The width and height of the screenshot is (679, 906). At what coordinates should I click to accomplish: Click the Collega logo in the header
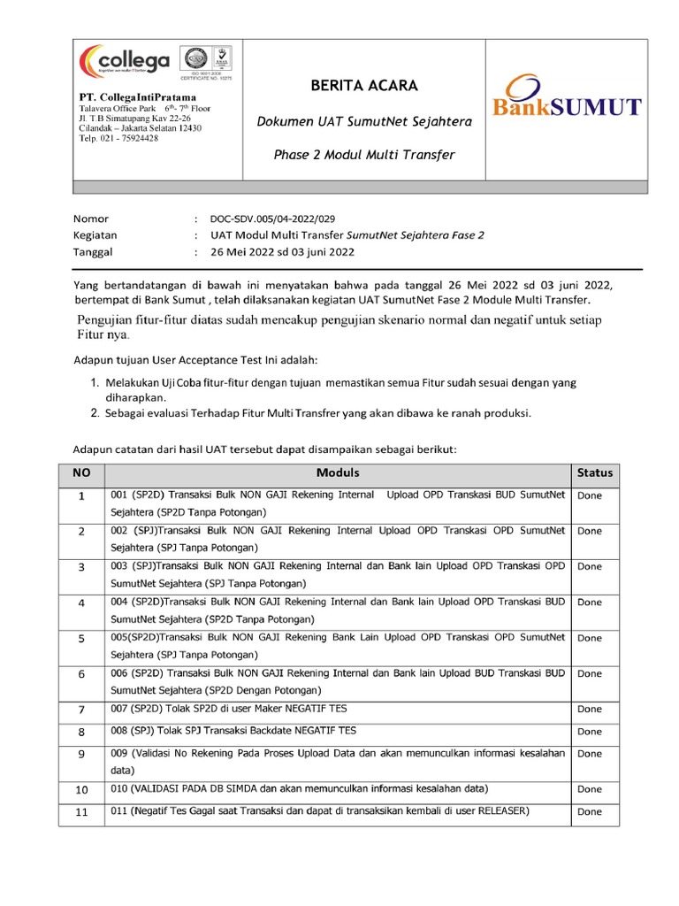(125, 62)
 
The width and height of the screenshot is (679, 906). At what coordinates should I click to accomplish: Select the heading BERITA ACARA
(351, 86)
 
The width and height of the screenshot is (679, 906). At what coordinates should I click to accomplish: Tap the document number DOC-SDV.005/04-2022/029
(272, 219)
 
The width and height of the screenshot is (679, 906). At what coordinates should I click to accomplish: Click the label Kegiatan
(95, 235)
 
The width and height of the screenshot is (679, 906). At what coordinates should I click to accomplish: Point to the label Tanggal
(93, 251)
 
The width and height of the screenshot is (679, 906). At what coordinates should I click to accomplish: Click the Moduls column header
(338, 472)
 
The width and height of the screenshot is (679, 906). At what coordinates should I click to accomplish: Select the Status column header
(594, 473)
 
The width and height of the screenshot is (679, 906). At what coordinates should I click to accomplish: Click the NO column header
(81, 473)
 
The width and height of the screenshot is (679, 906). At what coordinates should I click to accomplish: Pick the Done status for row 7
(589, 709)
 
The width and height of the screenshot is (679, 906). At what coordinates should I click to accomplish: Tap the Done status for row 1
(589, 495)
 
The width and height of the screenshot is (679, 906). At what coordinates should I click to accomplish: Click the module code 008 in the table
(119, 731)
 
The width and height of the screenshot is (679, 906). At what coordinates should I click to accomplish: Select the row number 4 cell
(81, 603)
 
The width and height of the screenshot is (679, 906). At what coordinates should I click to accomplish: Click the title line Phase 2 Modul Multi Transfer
(351, 155)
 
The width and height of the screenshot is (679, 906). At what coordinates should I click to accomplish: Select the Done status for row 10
(589, 789)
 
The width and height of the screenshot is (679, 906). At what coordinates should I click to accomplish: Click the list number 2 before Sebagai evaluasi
(95, 413)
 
